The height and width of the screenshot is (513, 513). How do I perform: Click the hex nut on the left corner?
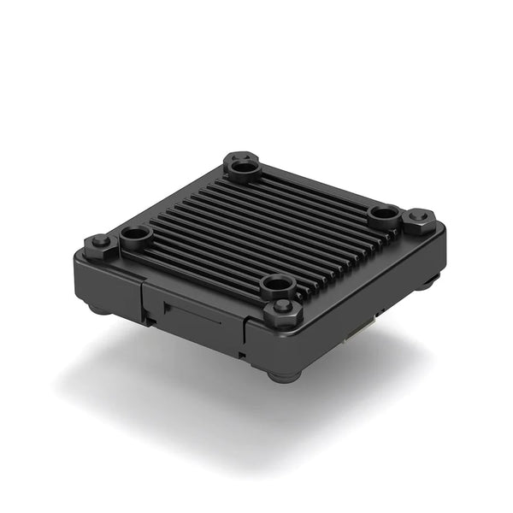coord(100,242)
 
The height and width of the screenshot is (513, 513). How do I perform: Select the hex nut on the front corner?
coord(283,311)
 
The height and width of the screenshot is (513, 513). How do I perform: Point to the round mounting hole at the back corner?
coord(245,172)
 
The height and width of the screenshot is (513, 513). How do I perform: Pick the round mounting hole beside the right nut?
coord(382,213)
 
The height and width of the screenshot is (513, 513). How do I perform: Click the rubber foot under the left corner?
coord(99,308)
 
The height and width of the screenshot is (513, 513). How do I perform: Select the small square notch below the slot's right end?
coord(242,350)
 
